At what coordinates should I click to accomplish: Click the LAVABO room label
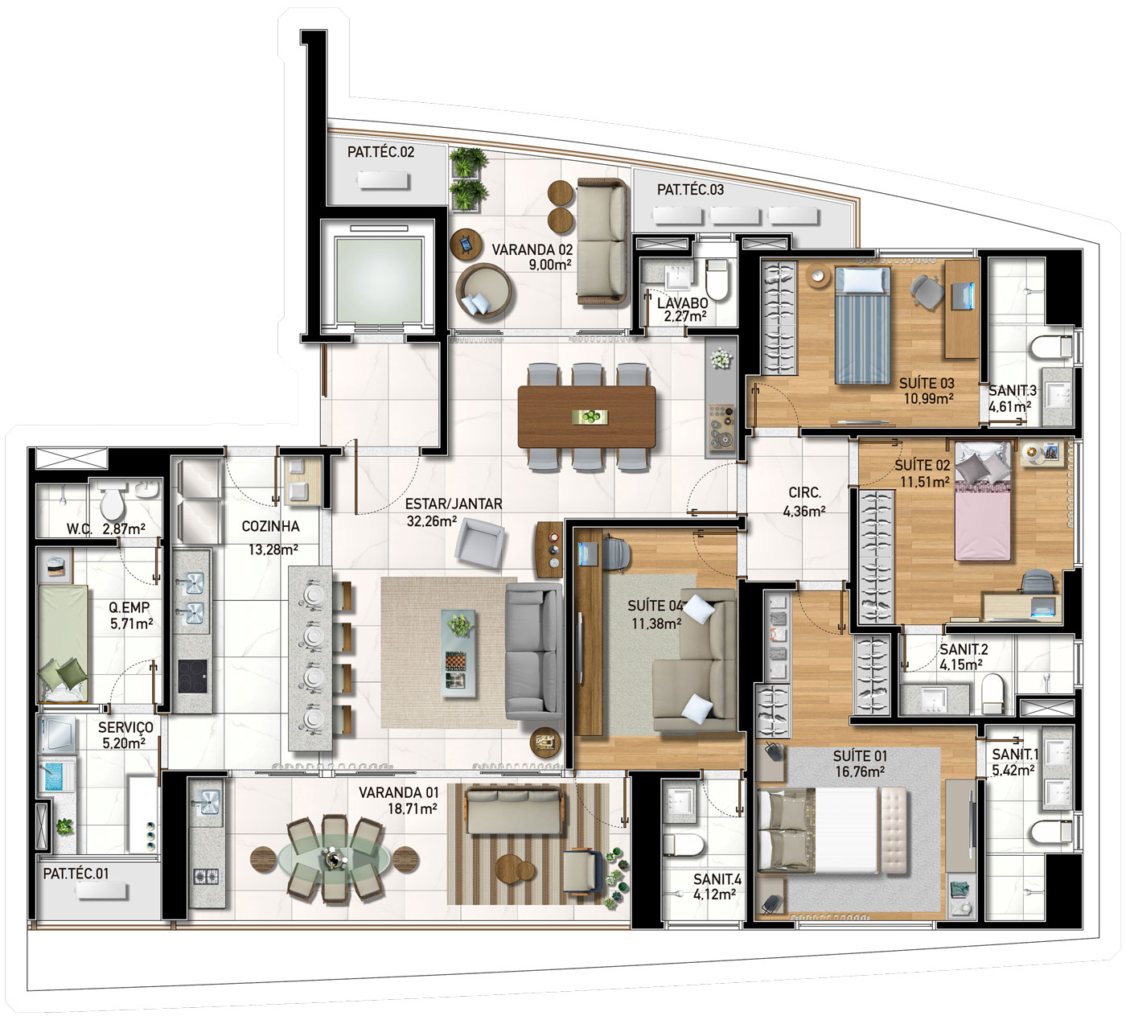pos(683,303)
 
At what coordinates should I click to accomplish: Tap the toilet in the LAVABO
pos(717,279)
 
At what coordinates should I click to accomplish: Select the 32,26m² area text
pos(432,520)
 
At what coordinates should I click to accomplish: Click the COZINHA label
pos(270,526)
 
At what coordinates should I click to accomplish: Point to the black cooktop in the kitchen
pos(192,677)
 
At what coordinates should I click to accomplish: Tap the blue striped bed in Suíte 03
pos(863,325)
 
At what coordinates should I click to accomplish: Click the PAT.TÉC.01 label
pos(76,874)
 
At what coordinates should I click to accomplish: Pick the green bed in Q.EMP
pos(63,644)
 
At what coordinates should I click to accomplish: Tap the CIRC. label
pos(804,492)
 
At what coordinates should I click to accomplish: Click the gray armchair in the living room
pos(480,543)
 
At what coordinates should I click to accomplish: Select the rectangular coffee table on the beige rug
pos(460,654)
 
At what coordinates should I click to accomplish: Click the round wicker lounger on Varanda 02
pos(483,291)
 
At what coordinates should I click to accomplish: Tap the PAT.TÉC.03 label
pos(690,189)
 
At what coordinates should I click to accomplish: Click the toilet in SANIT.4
pos(683,844)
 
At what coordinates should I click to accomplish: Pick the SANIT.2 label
pos(964,649)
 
